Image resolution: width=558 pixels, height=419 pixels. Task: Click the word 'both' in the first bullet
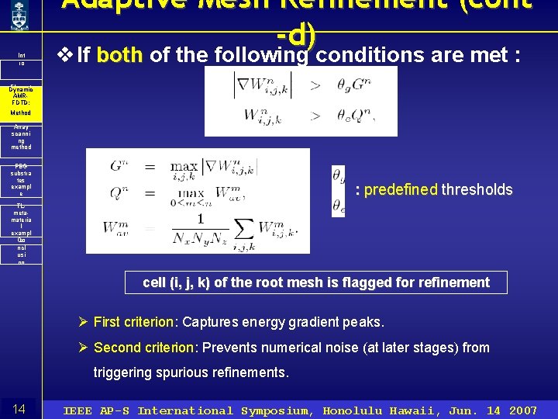(121, 55)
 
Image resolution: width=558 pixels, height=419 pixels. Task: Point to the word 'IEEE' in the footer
(78, 410)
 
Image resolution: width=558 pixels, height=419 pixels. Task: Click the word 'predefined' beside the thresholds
(401, 189)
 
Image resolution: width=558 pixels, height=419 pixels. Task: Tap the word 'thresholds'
(477, 189)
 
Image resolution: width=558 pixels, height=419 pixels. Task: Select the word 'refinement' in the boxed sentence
(453, 282)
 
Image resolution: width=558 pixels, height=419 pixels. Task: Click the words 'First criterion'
(135, 322)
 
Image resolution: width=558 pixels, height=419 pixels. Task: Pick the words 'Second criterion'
(144, 348)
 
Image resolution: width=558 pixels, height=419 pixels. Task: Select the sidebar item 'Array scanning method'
(21, 138)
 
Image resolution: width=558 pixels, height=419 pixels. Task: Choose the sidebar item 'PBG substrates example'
(21, 179)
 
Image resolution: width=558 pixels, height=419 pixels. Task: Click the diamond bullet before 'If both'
(65, 55)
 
